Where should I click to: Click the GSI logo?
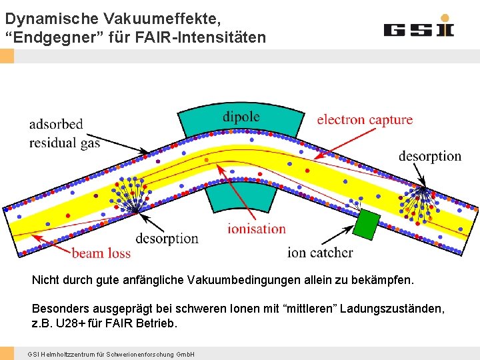coord(418,28)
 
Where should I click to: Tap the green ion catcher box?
coord(366,225)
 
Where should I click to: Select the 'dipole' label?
coord(241,117)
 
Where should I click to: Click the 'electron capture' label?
coord(365,120)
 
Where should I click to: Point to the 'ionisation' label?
coord(257,229)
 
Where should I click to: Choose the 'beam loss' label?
coord(101,253)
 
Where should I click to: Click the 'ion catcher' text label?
coord(320,252)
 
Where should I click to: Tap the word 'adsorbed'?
coord(56,124)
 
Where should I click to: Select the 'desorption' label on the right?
coord(430,156)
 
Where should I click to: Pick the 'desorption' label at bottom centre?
coord(167,238)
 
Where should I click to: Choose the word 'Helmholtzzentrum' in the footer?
coord(63,353)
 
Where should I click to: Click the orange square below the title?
coord(7,56)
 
